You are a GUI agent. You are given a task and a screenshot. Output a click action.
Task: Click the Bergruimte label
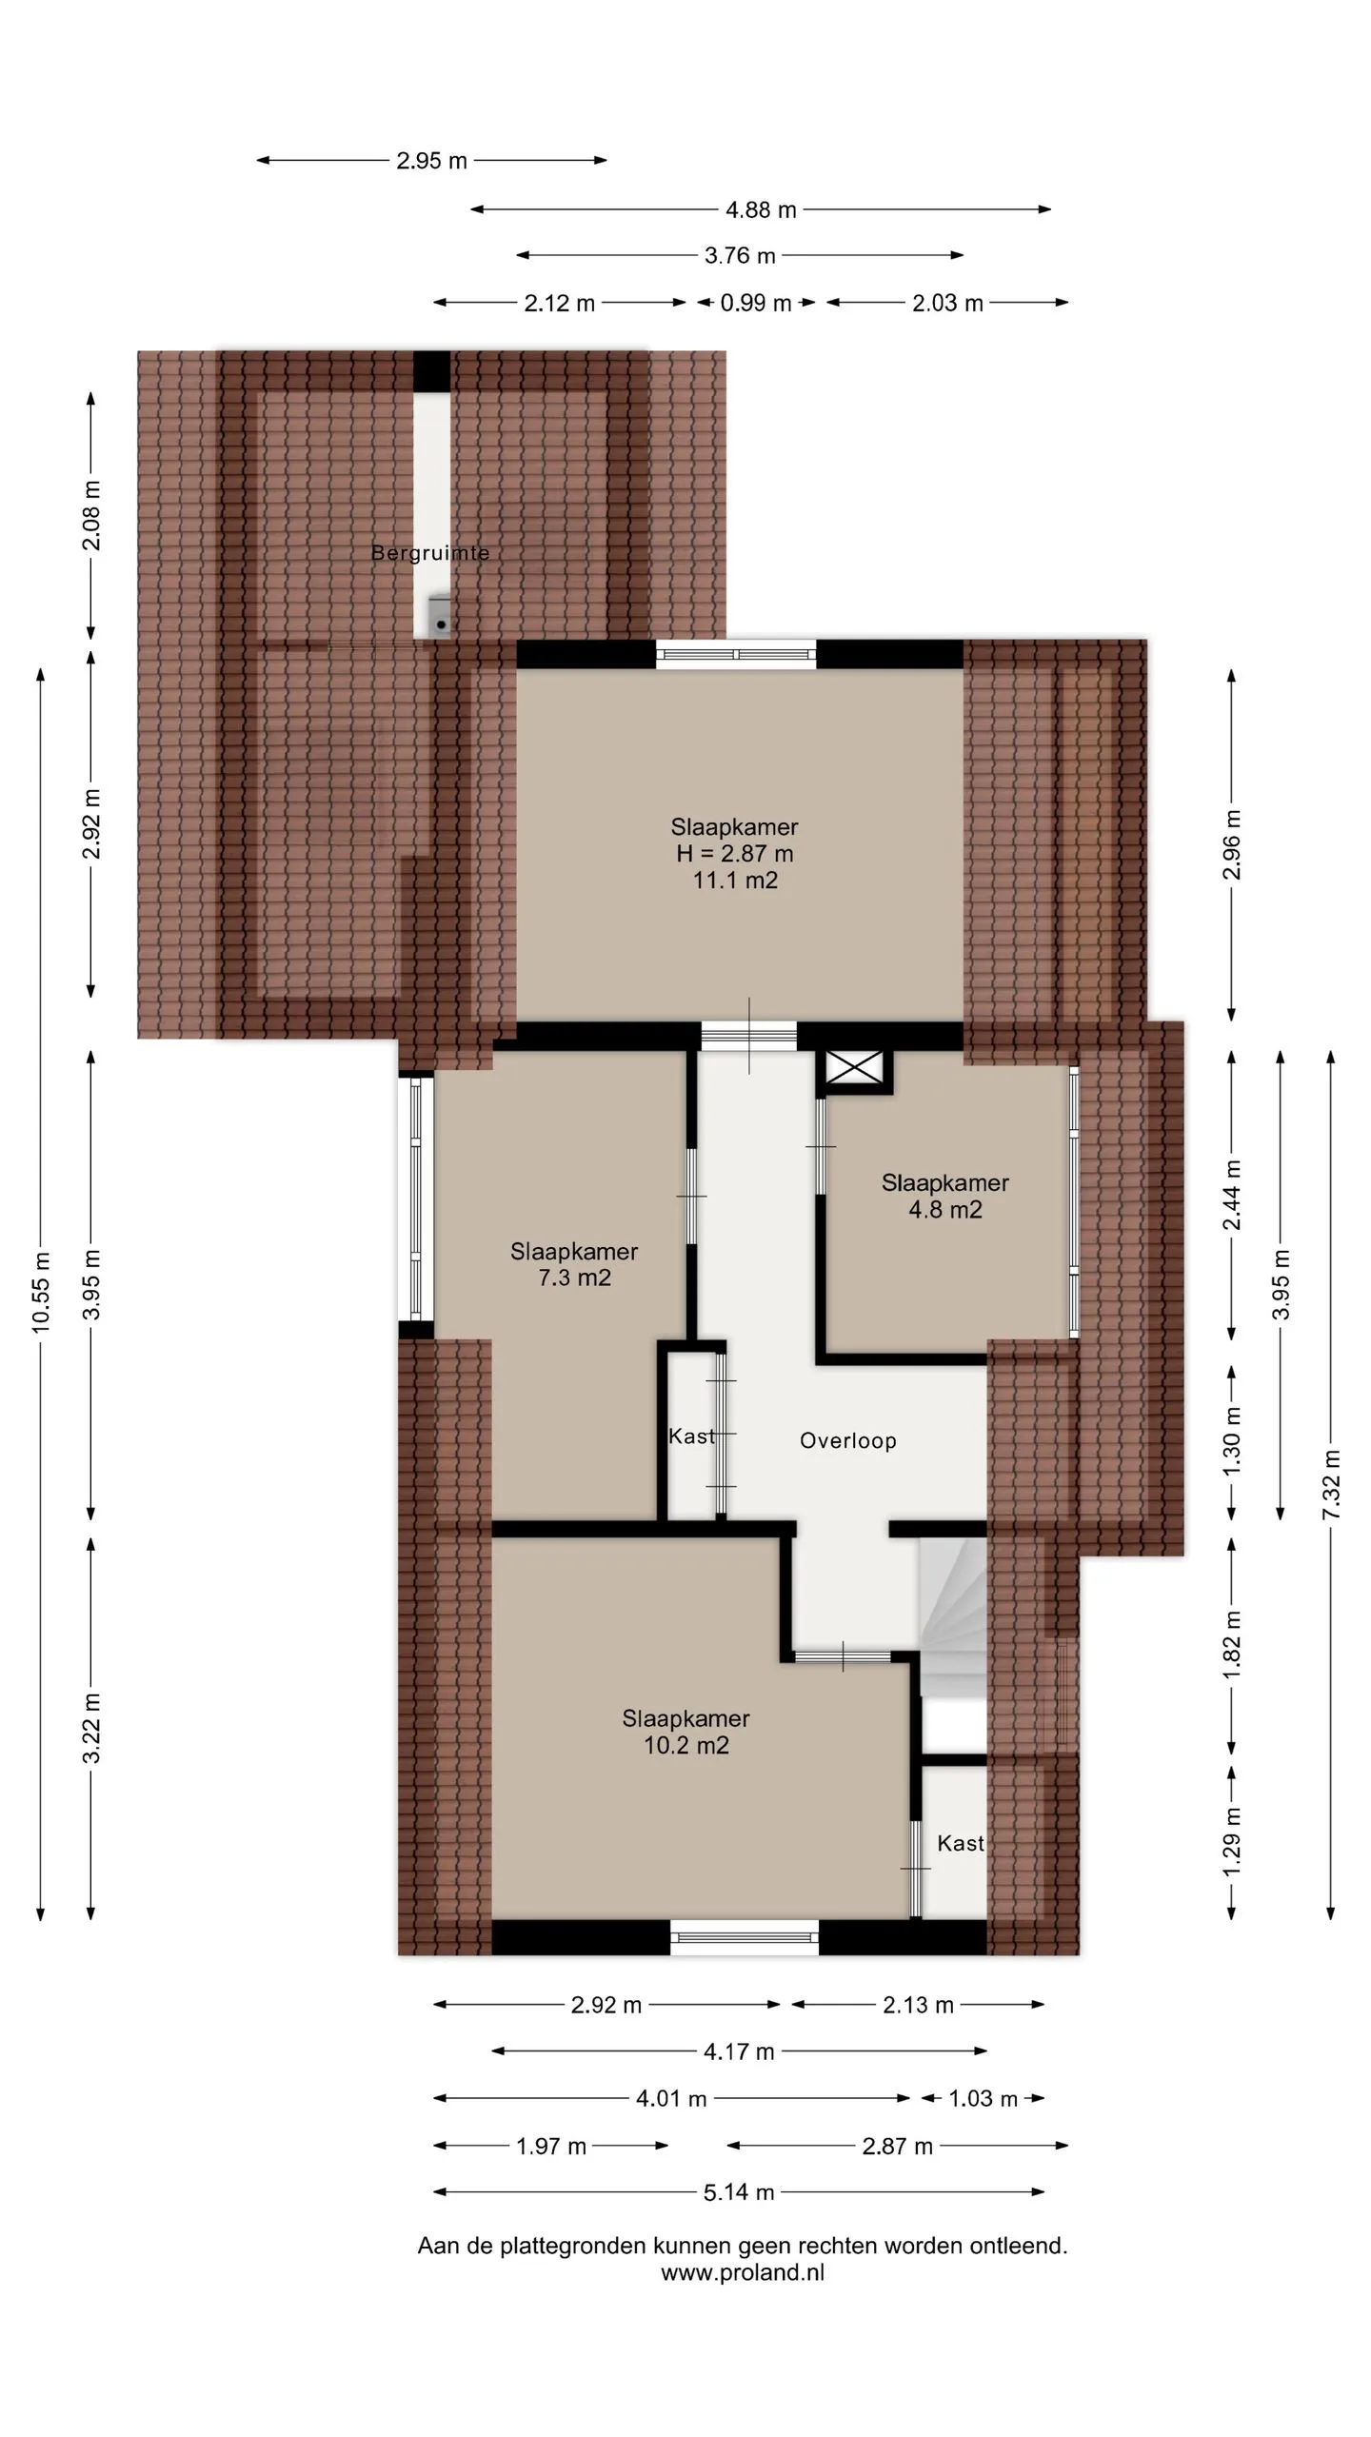tap(430, 553)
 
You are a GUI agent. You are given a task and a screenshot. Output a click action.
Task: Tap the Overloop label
tap(848, 1441)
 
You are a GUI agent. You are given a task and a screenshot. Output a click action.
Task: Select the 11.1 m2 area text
tap(735, 881)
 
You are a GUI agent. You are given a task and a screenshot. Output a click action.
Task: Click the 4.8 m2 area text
tap(945, 1210)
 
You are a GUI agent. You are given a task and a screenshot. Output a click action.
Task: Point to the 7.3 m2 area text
tap(574, 1278)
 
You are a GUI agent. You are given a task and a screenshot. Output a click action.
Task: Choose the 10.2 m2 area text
tap(686, 1745)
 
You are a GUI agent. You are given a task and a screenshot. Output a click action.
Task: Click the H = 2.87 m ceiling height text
tap(735, 854)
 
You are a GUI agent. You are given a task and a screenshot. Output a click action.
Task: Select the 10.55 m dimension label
tap(41, 1293)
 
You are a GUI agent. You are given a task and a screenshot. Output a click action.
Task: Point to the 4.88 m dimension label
tap(761, 209)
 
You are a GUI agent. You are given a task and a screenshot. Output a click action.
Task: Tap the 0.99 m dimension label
tap(756, 303)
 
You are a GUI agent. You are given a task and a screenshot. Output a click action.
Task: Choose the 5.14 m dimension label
tap(739, 2192)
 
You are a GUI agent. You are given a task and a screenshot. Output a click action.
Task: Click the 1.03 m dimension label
tap(984, 2099)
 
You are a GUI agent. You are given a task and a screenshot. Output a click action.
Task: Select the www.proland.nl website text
tap(743, 2273)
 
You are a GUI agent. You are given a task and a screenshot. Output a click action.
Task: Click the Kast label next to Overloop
tap(691, 1436)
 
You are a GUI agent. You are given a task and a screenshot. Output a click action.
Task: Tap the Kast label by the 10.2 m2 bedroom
tap(961, 1844)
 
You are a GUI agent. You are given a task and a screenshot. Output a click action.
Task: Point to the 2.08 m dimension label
tap(91, 516)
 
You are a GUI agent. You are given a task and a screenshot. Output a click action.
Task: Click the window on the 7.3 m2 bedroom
tap(415, 1196)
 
